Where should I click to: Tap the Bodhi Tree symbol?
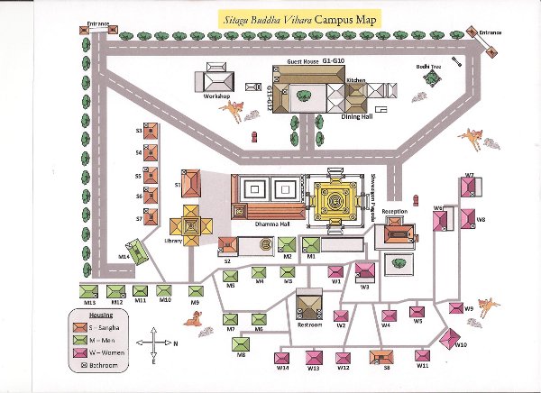tap(432, 79)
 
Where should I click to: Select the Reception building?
tap(398, 233)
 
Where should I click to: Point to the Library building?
tap(193, 223)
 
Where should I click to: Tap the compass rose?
tap(154, 343)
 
